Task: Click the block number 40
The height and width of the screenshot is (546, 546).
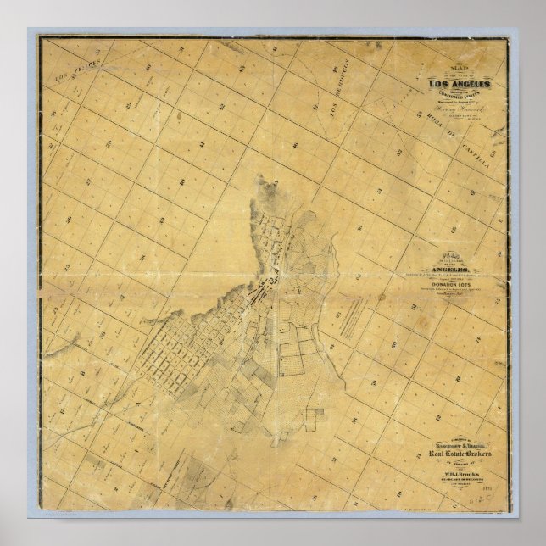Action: (181, 181)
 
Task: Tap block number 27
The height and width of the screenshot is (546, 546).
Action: (88, 181)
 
